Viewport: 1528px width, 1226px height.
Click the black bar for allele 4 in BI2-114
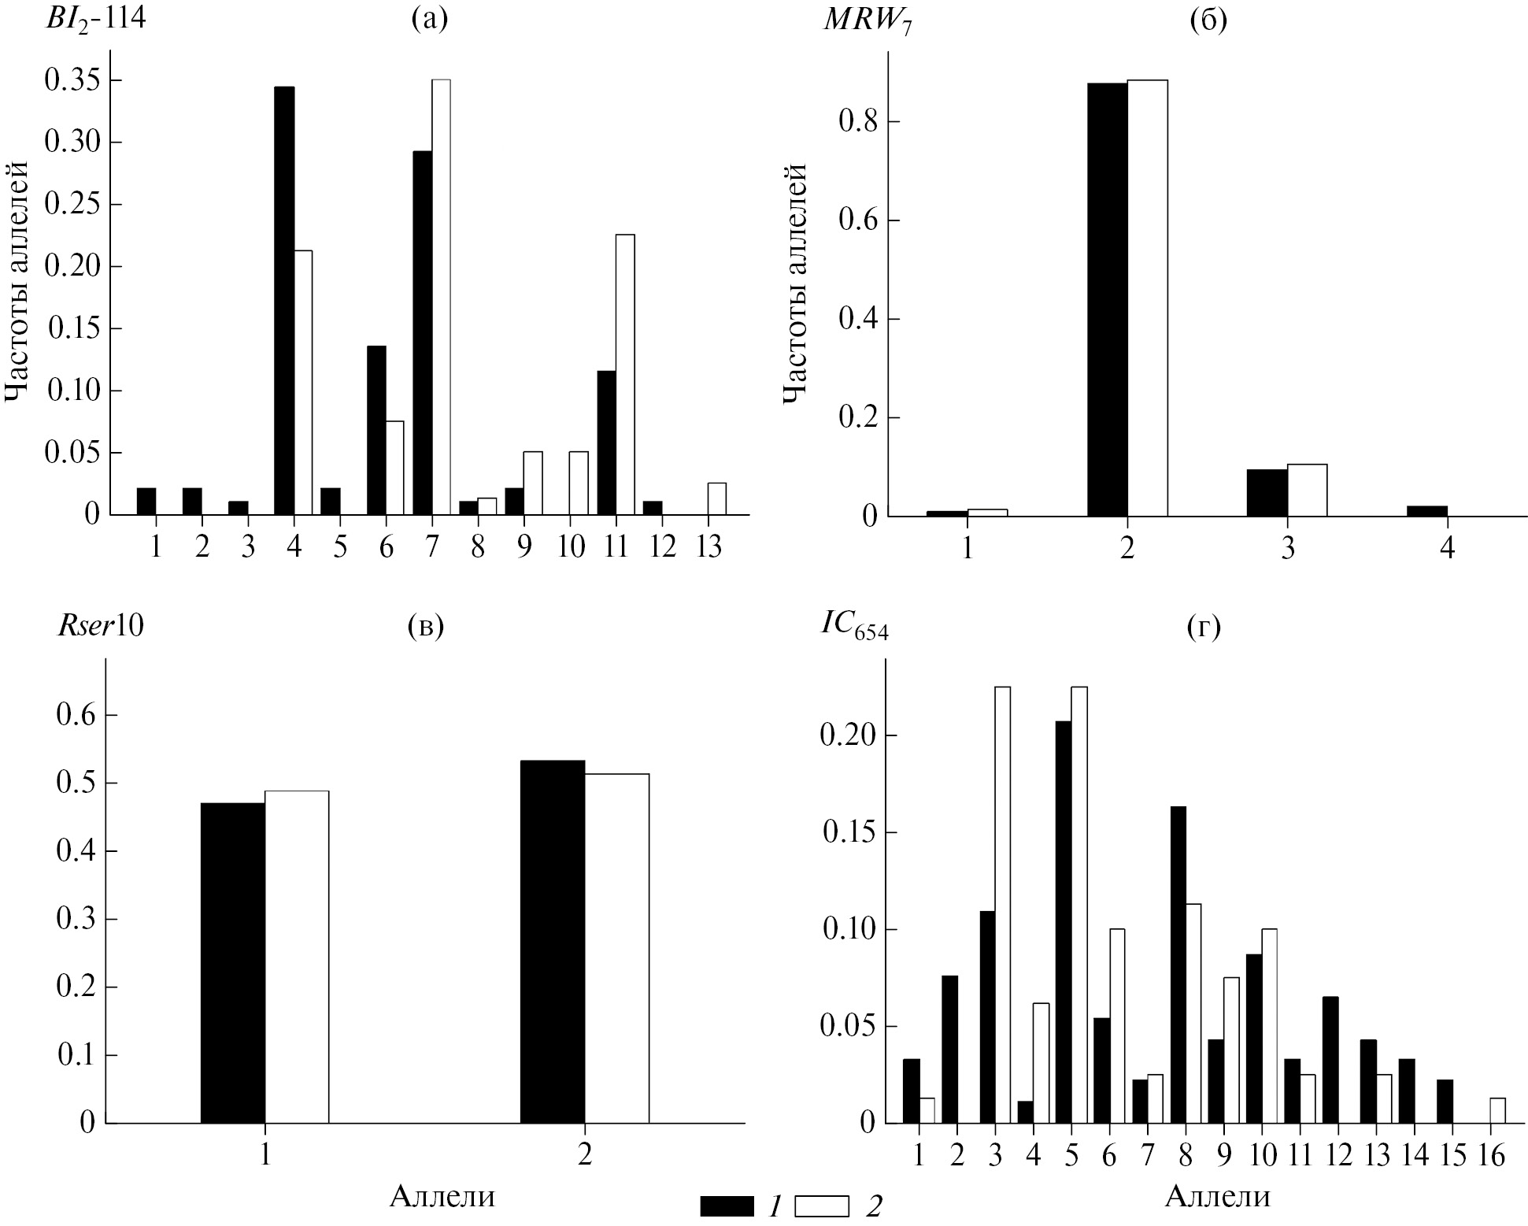(284, 301)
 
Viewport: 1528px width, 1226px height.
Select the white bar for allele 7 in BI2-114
(441, 298)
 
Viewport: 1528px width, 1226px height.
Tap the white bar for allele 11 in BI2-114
(625, 375)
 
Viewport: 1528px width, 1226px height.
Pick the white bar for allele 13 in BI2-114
(717, 499)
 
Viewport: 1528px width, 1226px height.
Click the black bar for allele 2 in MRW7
(1107, 300)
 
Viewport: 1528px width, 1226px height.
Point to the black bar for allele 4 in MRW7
(1426, 511)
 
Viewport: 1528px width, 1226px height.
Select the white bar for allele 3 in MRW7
(1307, 491)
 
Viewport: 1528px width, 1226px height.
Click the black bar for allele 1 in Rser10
(233, 963)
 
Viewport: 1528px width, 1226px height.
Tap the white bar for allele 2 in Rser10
(617, 948)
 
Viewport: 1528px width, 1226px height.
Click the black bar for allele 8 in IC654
(1178, 965)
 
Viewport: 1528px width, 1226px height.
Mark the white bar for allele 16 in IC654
(1497, 1110)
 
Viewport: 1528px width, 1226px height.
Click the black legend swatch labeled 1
(727, 1206)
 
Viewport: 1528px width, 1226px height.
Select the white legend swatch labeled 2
(822, 1206)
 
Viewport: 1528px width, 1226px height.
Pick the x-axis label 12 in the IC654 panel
(1336, 1155)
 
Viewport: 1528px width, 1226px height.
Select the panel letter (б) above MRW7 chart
(1208, 20)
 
